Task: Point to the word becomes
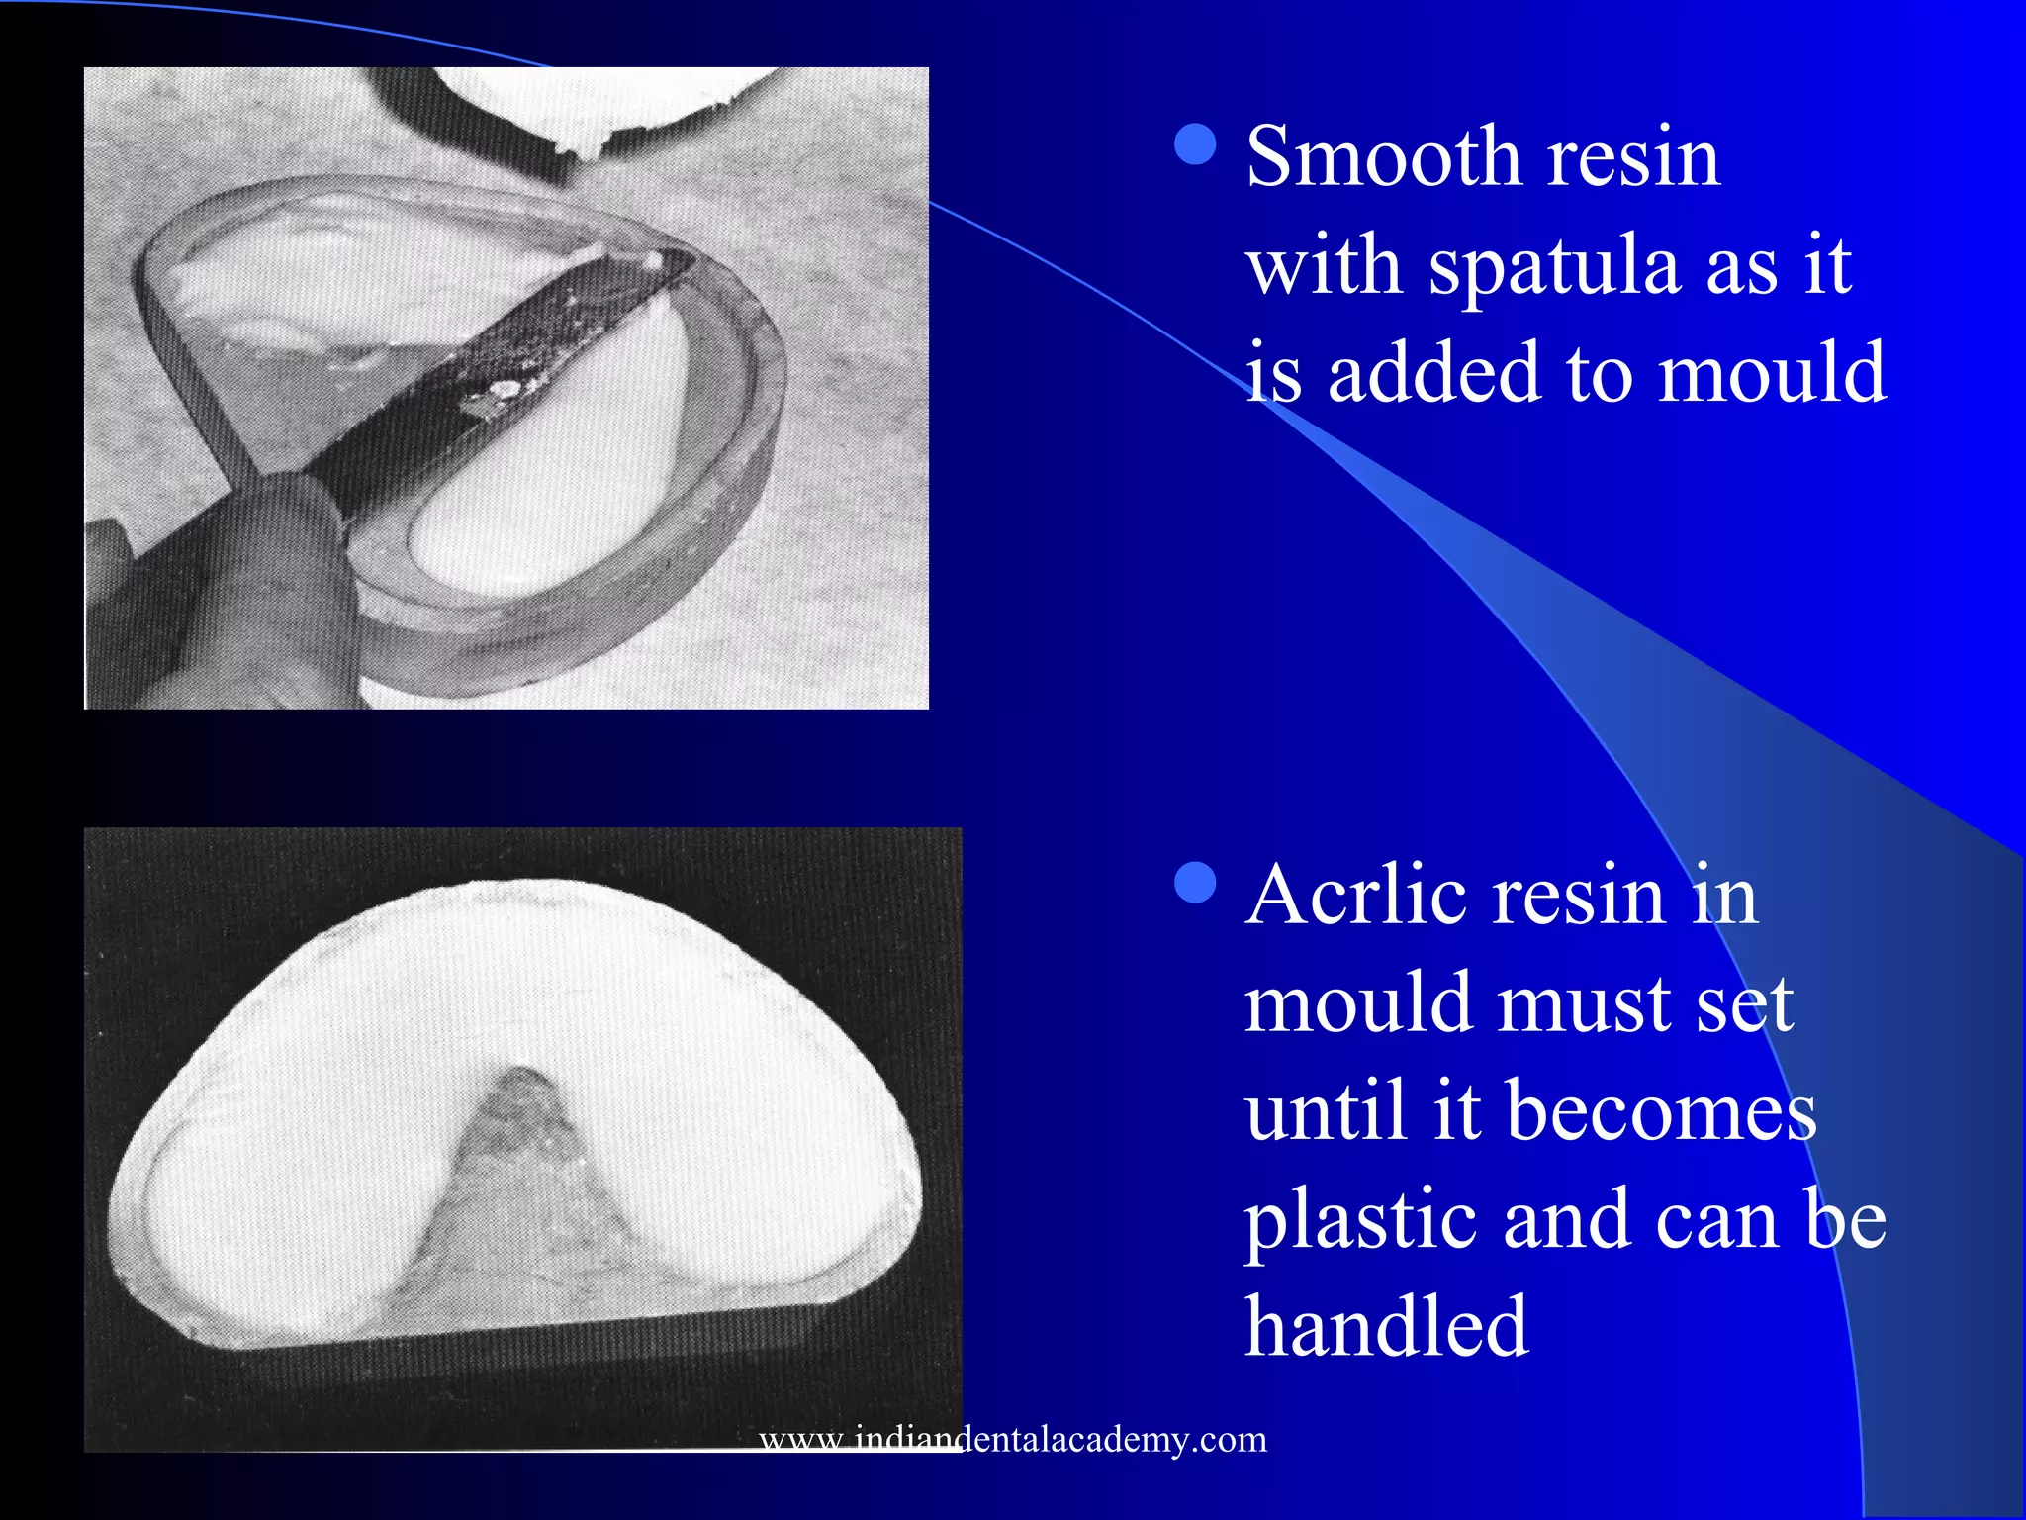1663,1110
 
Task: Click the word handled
1386,1326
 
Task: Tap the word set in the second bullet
1745,1003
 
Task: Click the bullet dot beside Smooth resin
1196,144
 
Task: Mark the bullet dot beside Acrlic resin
1196,883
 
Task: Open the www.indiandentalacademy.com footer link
1012,1438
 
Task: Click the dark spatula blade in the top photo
514,356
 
